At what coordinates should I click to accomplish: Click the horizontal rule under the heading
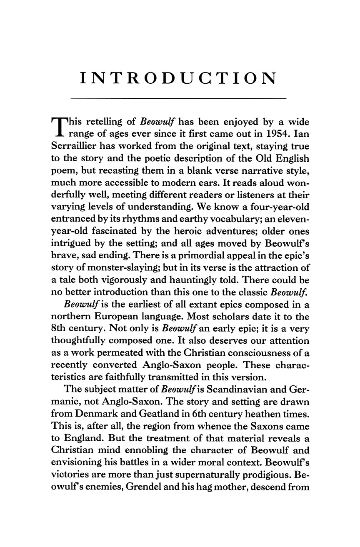(179, 98)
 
